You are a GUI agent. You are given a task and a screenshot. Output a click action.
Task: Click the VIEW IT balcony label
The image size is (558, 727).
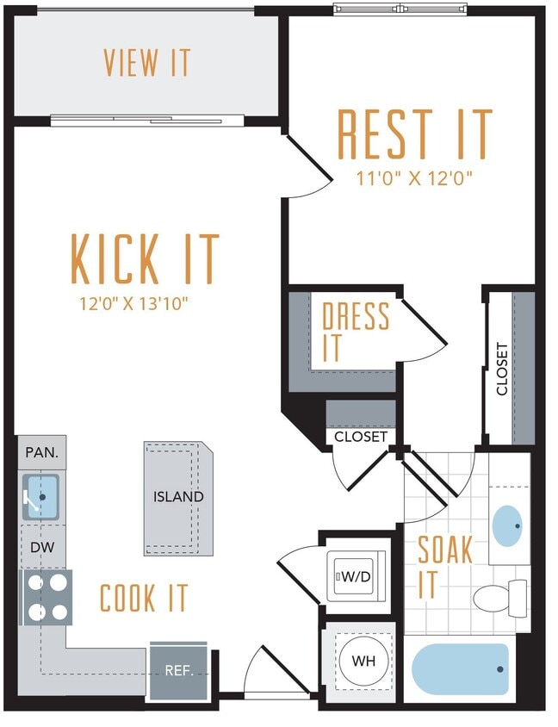coord(146,63)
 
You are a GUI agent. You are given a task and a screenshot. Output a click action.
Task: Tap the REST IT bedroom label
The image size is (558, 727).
coord(415,134)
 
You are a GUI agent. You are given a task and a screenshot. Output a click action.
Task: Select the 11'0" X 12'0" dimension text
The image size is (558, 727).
coord(415,179)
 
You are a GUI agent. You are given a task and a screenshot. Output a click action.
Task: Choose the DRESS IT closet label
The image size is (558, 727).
coord(355,332)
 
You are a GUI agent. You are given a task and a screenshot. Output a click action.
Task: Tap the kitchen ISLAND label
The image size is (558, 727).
coord(178,497)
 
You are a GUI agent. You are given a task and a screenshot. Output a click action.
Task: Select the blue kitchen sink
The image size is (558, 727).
coord(41,497)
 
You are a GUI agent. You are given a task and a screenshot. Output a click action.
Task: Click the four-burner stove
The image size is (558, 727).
coord(47,597)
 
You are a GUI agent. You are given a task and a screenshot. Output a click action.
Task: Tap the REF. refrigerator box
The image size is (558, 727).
coord(178,670)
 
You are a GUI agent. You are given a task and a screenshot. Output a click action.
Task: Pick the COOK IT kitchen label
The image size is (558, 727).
coord(144,598)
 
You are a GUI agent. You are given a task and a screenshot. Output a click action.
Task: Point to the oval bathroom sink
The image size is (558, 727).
coord(508,521)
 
